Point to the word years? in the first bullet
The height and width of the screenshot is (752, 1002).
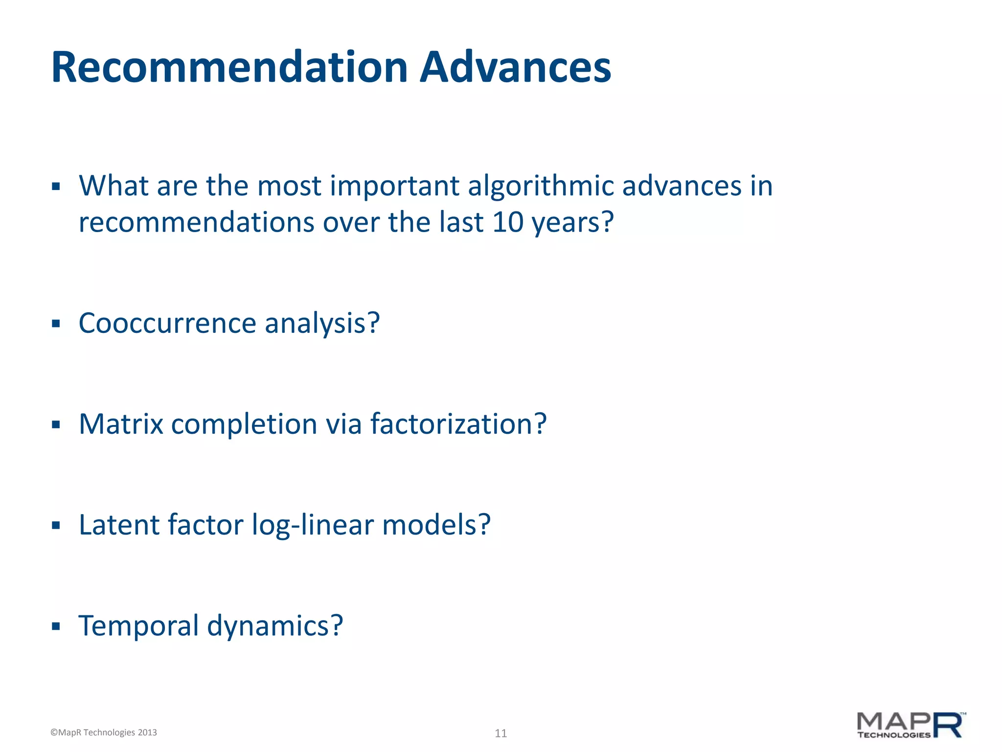[x=572, y=223]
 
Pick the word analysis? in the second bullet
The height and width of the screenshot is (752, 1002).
[x=322, y=324]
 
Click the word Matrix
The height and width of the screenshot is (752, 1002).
[x=121, y=424]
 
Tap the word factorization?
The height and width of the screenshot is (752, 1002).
[x=458, y=424]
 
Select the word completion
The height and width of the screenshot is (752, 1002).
[x=244, y=425]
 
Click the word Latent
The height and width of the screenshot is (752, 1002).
[x=119, y=525]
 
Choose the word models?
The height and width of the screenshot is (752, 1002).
[x=436, y=525]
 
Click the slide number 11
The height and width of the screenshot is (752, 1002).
[x=501, y=733]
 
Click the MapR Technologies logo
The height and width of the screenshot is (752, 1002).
[x=911, y=725]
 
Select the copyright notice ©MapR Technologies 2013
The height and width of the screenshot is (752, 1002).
[x=104, y=732]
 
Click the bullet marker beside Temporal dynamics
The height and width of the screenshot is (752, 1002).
[x=56, y=626]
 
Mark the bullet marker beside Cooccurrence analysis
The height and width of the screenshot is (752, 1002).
[x=56, y=324]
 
